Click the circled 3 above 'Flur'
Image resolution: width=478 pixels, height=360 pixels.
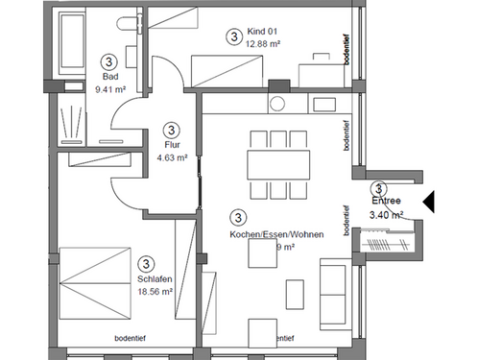(x=172, y=129)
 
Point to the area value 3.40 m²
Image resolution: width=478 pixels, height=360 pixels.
(x=386, y=215)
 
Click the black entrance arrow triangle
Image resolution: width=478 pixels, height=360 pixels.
(x=430, y=201)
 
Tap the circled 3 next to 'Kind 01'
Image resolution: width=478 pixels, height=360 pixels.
(x=233, y=36)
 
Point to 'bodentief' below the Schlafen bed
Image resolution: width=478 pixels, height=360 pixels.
(x=130, y=338)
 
